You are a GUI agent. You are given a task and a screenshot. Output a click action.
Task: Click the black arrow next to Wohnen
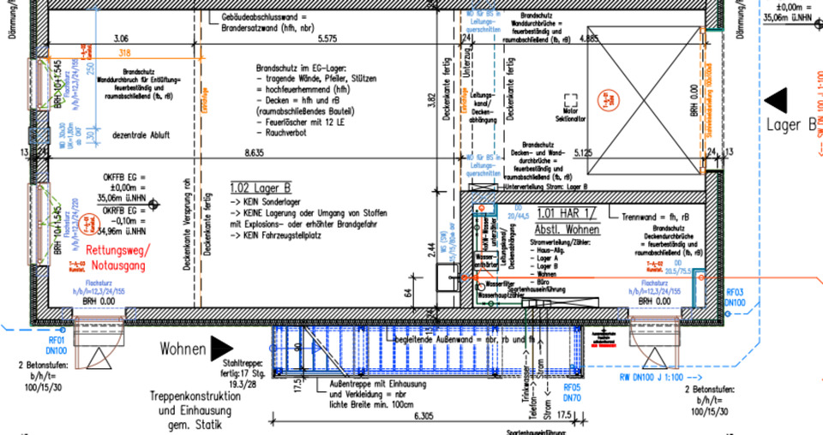coord(221,348)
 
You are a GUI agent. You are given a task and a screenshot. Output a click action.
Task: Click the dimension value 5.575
coord(326,39)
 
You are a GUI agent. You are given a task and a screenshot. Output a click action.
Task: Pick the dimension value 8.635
coord(253,152)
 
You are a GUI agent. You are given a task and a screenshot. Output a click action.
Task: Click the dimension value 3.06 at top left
coord(121,39)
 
